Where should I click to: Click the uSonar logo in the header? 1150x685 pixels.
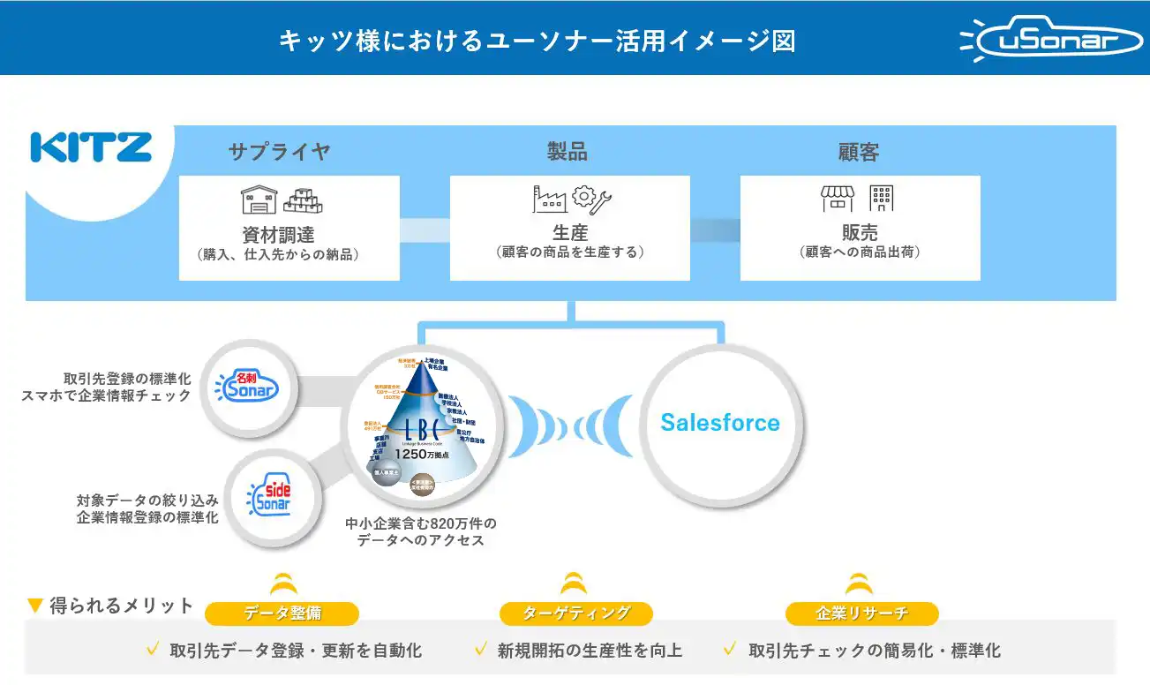pyautogui.click(x=1051, y=41)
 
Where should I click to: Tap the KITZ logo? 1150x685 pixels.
pyautogui.click(x=91, y=147)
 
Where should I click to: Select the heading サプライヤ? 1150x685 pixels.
pyautogui.click(x=280, y=152)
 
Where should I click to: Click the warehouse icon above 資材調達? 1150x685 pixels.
pyautogui.click(x=259, y=199)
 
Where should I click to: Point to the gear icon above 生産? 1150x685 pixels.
pyautogui.click(x=584, y=196)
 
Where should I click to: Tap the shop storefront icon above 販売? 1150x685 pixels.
pyautogui.click(x=838, y=199)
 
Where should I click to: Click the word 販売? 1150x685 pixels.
pyautogui.click(x=860, y=232)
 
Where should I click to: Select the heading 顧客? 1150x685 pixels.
pyautogui.click(x=859, y=152)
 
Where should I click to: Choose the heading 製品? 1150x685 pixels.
pyautogui.click(x=567, y=152)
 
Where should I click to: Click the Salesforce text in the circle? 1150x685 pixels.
pyautogui.click(x=720, y=423)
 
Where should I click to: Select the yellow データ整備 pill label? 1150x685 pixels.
pyautogui.click(x=282, y=613)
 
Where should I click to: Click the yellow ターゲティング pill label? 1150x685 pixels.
pyautogui.click(x=575, y=613)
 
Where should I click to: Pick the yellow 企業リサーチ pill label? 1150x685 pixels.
pyautogui.click(x=861, y=613)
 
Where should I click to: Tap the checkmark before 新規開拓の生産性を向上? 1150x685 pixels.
pyautogui.click(x=481, y=650)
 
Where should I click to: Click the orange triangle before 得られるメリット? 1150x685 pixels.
pyautogui.click(x=35, y=606)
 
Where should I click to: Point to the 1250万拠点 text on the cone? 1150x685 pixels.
pyautogui.click(x=422, y=454)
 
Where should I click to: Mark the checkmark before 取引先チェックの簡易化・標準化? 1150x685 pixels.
pyautogui.click(x=730, y=650)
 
